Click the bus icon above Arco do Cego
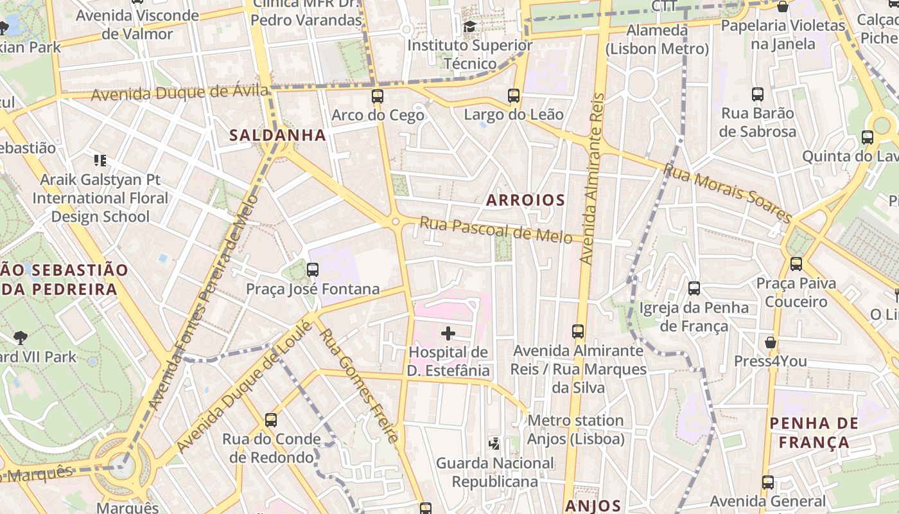(377, 97)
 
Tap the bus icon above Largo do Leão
(514, 96)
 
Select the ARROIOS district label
(525, 200)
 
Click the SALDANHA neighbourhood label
(277, 135)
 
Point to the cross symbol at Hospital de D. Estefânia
(448, 333)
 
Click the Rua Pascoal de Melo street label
(495, 230)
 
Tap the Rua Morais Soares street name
(727, 193)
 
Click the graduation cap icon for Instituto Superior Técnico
(470, 26)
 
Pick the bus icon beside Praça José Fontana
(313, 270)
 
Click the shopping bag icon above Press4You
(770, 342)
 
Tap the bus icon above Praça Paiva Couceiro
(796, 263)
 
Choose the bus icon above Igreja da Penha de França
(694, 288)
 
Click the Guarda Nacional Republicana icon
(494, 443)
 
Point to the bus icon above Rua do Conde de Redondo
(271, 420)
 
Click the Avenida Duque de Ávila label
(179, 93)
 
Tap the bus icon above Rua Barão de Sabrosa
(758, 94)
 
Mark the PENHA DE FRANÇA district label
(814, 432)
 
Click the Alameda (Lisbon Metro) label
(657, 39)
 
